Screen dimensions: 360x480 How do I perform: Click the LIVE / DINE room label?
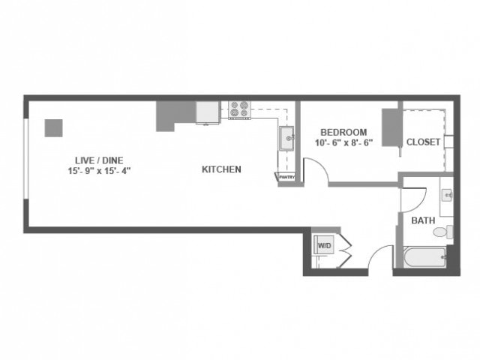coord(98,160)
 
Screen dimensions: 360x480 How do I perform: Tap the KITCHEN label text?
coord(221,169)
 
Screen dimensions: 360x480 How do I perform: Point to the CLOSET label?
coord(423,142)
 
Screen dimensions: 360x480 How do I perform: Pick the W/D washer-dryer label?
coord(324,245)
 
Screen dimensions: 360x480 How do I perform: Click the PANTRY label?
coord(286,177)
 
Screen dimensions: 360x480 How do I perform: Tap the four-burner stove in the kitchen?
coord(239,109)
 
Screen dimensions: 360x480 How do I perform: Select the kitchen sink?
coord(286,138)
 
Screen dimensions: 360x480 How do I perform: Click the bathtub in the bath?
coord(425,259)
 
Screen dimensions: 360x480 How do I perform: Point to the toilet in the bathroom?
coord(448,232)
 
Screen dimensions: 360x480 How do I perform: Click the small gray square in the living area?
coord(53,127)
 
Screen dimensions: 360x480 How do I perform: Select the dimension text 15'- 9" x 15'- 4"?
coord(98,171)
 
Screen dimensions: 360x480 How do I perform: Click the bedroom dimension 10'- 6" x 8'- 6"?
coord(344,143)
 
